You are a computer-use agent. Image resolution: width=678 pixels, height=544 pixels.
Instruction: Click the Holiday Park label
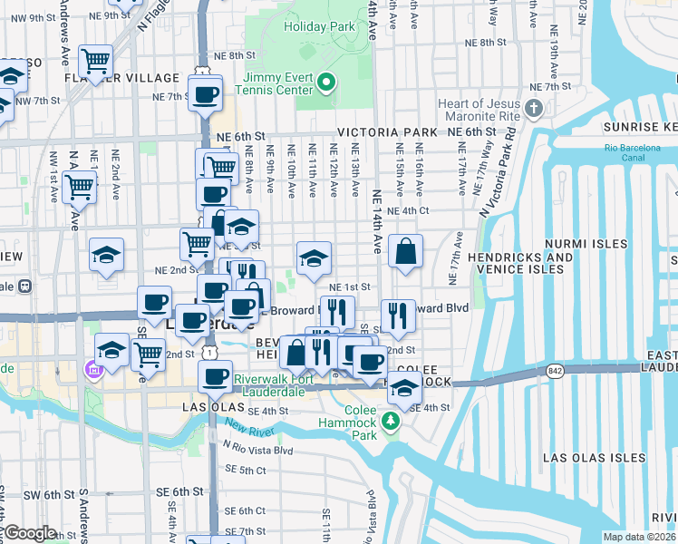point(318,26)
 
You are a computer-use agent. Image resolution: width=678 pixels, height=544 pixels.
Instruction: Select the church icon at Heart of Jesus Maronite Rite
point(535,110)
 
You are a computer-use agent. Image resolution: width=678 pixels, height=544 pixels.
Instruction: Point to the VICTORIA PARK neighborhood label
point(387,132)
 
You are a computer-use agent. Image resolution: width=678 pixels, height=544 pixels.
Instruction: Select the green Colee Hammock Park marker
point(391,421)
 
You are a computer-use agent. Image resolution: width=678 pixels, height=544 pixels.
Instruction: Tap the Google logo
point(30,533)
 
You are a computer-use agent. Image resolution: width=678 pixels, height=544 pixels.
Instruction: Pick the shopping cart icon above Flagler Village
point(95,61)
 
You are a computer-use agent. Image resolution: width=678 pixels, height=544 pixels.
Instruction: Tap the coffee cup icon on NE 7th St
point(205,93)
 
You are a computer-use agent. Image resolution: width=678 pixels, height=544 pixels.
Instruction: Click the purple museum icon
point(92,370)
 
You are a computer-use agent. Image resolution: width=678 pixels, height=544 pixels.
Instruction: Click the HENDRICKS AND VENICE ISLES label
point(558,263)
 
